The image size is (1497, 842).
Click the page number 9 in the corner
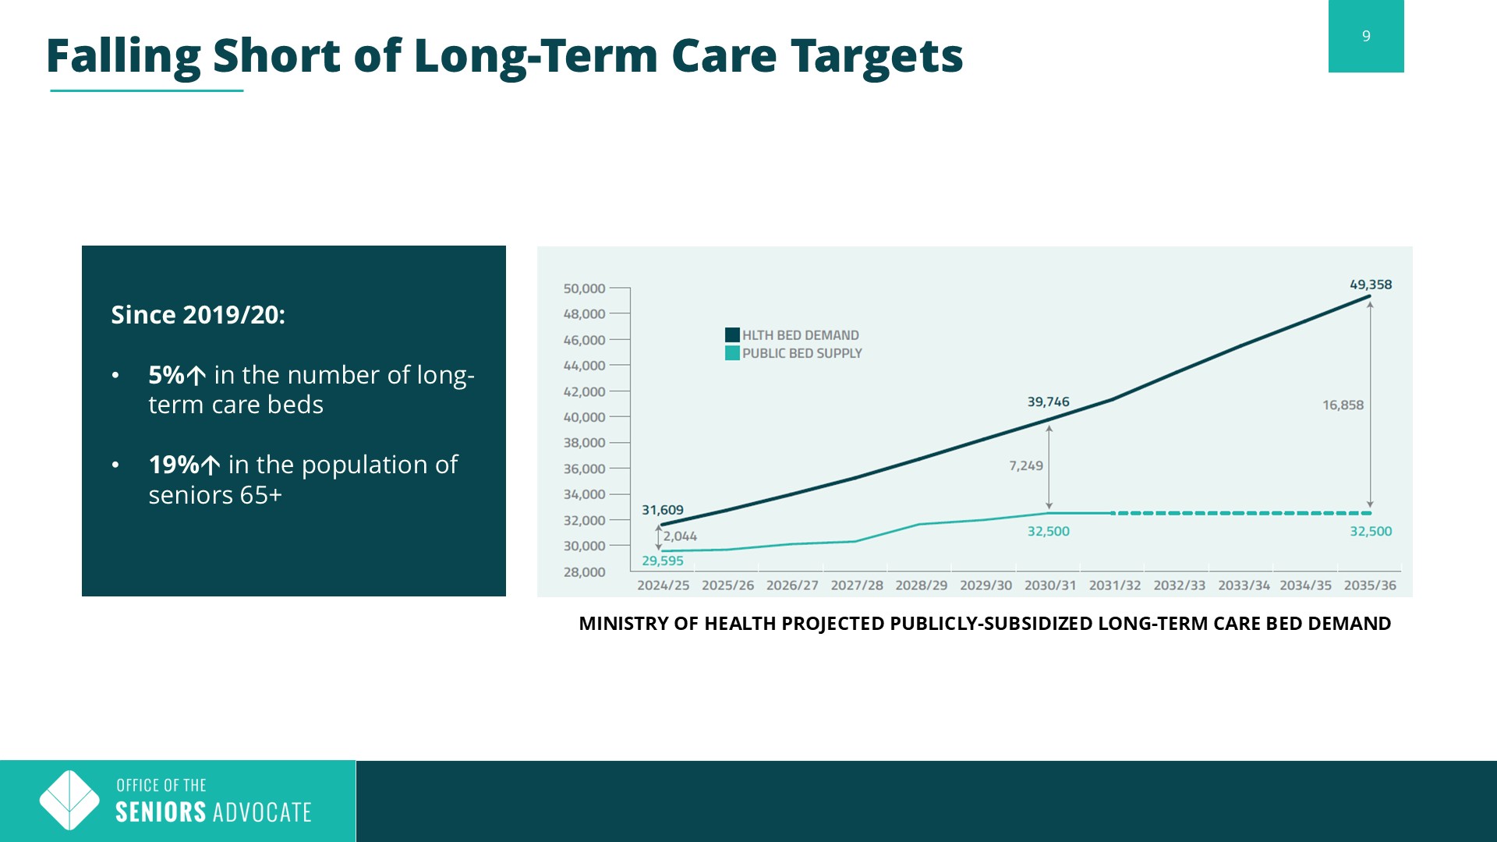(x=1366, y=36)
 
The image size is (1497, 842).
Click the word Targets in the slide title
(x=877, y=56)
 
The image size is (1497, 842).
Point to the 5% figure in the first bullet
(x=166, y=375)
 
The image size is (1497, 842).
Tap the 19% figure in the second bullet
(x=174, y=465)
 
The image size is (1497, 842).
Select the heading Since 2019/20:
(x=198, y=315)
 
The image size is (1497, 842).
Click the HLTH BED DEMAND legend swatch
(x=732, y=335)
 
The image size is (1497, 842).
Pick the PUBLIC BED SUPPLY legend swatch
(x=732, y=353)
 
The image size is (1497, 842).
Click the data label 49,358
(x=1371, y=285)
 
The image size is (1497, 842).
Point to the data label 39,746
(x=1048, y=402)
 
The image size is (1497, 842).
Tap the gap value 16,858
(x=1343, y=405)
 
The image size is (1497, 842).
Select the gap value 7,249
(x=1025, y=465)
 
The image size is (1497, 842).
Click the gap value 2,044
(x=680, y=536)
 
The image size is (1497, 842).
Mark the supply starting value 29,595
(x=663, y=561)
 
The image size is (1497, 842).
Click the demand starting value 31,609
(x=663, y=510)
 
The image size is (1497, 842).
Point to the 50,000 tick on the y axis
(x=584, y=288)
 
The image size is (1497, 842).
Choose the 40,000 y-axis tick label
(x=584, y=417)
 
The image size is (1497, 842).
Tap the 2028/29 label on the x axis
(x=921, y=586)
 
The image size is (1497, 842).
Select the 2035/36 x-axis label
(x=1370, y=586)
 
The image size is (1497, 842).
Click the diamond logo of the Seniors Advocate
(x=69, y=800)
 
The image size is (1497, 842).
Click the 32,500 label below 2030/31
(x=1048, y=532)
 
